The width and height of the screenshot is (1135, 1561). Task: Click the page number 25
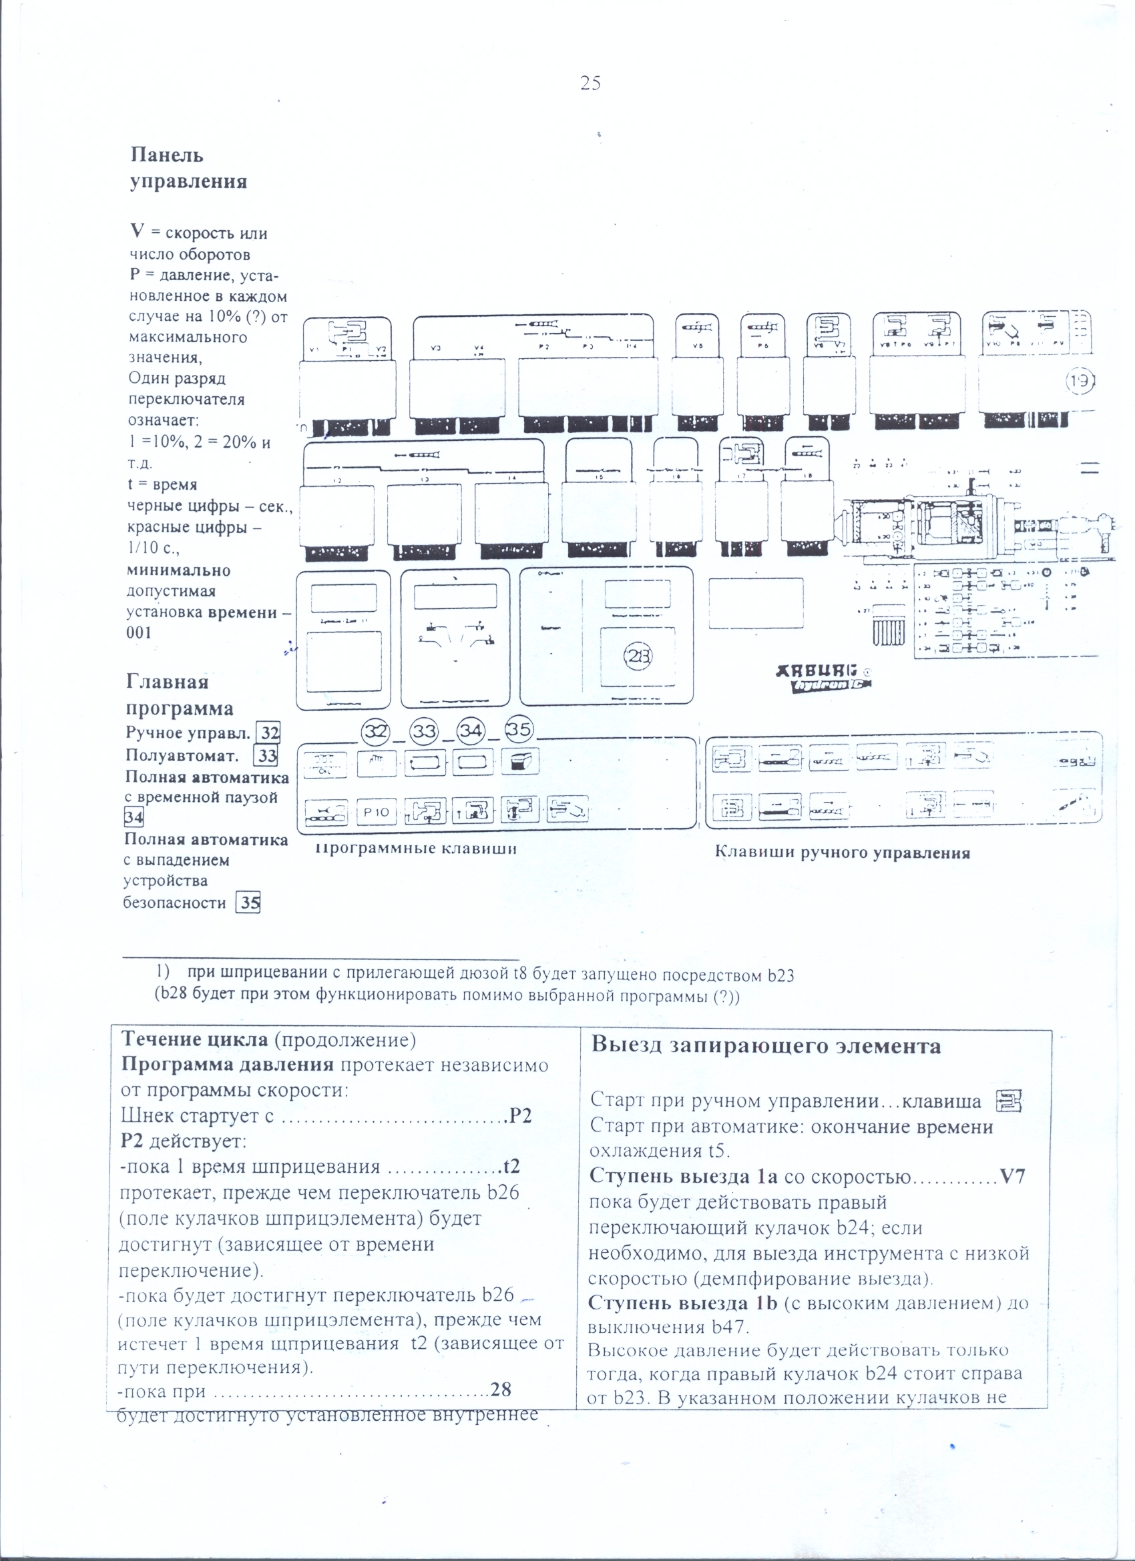590,84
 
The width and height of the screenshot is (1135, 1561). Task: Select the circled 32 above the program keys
377,732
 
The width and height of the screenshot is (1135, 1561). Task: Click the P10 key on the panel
376,812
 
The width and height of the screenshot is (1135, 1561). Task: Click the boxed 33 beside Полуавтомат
266,756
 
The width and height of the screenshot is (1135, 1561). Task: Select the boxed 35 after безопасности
248,903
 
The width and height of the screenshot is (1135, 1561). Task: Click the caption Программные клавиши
416,849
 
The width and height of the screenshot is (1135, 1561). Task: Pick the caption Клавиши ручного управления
843,853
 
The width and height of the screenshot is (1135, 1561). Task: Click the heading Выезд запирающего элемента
765,1046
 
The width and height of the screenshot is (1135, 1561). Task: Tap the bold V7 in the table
1011,1176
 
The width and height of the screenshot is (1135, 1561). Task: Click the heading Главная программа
179,695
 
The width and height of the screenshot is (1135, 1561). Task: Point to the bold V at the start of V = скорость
136,231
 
